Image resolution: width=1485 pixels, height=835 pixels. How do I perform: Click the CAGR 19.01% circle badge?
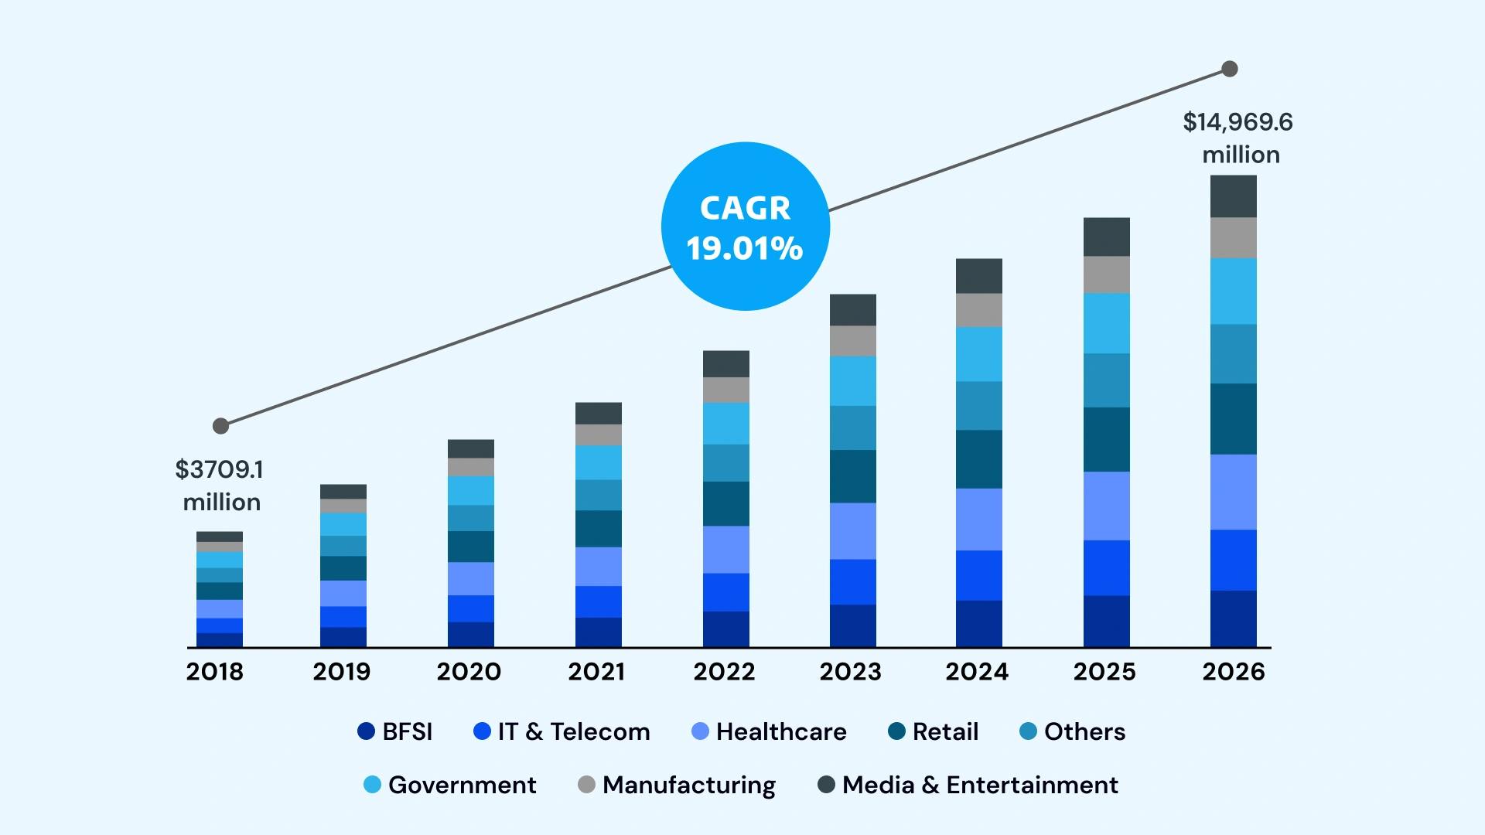tap(745, 227)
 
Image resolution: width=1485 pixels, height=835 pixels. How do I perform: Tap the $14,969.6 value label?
tap(1237, 123)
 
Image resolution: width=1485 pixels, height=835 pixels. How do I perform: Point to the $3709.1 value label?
tap(219, 470)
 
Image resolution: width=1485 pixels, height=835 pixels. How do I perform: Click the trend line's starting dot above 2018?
tap(220, 426)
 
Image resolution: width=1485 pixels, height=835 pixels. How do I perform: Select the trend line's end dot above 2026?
tap(1229, 70)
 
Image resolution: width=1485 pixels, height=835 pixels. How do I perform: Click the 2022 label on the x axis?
tap(724, 671)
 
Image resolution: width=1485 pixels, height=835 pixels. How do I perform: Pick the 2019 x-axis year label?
tap(341, 671)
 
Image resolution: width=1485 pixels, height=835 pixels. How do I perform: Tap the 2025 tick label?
tap(1104, 671)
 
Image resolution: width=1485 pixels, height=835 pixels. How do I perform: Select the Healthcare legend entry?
tap(769, 731)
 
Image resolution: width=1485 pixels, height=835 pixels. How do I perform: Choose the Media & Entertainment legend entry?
tap(968, 785)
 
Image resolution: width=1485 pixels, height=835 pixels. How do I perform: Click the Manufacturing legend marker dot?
tap(586, 785)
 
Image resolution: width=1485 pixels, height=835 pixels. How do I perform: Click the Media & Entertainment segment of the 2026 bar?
tap(1233, 196)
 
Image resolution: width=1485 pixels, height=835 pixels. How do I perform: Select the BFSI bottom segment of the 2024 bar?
tap(978, 623)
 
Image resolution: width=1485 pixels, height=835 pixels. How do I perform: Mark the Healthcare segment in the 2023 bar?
tap(852, 531)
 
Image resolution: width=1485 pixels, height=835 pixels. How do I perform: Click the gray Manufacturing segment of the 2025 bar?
tap(1106, 274)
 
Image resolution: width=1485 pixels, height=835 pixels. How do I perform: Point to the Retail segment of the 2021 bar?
tap(598, 529)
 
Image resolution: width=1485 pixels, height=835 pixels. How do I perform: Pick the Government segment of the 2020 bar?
tap(470, 490)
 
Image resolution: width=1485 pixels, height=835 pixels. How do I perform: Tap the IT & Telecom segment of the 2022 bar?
tap(725, 592)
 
